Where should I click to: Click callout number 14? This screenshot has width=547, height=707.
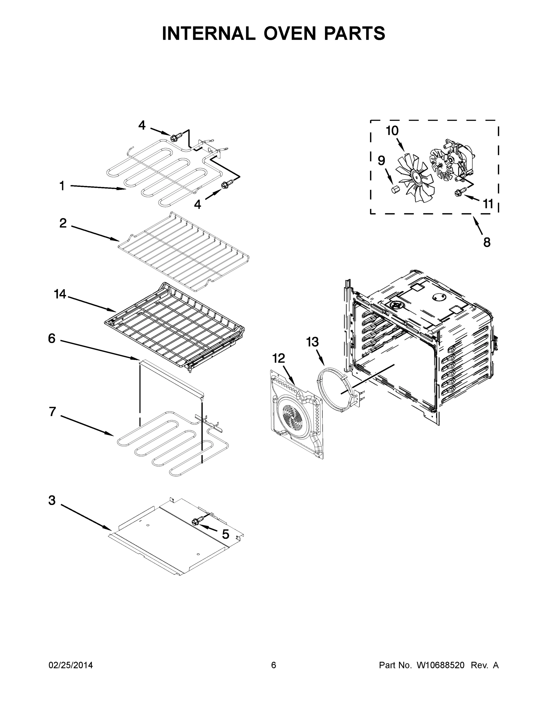coord(60,294)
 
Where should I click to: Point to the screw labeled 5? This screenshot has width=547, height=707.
coord(195,521)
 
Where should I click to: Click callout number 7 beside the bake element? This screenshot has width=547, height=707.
coord(52,412)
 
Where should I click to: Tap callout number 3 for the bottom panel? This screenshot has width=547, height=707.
coord(52,500)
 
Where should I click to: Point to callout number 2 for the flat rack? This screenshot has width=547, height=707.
coord(63,223)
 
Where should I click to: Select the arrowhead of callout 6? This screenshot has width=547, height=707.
coord(137,358)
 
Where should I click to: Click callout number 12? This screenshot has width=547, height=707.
coord(278,358)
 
